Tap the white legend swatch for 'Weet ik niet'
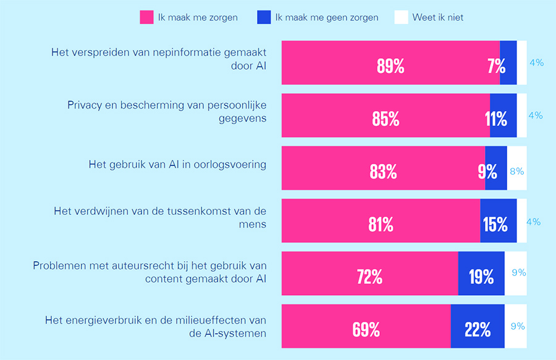coord(401,17)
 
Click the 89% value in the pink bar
coord(390,66)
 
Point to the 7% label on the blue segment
coord(496,66)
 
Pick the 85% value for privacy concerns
coord(385,119)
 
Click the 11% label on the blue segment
coord(496,119)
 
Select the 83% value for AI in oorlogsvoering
coord(383,172)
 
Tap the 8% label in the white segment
coord(516,172)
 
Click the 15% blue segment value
coord(495,224)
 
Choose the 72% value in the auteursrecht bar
coord(369,277)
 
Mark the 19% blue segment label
coord(481,277)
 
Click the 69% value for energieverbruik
coord(366,330)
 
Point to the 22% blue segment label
coord(478,330)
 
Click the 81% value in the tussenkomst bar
coord(381,224)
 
